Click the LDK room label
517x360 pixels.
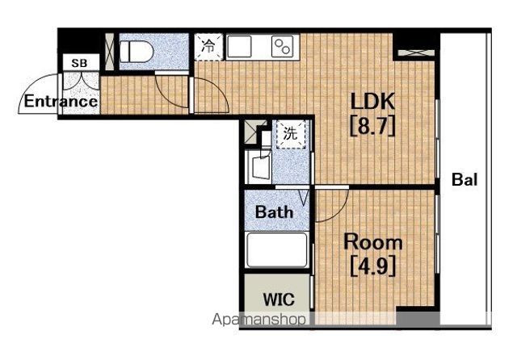point(372,101)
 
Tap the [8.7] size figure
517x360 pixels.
point(372,127)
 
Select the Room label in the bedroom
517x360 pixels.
point(373,242)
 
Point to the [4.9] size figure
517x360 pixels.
point(372,267)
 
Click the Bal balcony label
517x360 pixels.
point(464,180)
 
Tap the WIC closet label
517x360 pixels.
point(279,299)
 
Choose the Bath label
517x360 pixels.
point(275,212)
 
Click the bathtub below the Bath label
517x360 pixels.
point(277,250)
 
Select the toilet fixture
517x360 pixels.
point(137,52)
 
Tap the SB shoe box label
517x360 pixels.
point(79,63)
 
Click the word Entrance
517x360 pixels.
point(61,101)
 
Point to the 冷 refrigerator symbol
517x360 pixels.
point(208,47)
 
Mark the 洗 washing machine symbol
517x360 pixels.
point(291,134)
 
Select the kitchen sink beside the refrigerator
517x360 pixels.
point(239,47)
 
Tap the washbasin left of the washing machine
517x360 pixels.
point(260,166)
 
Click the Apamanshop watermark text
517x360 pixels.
point(258,320)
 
